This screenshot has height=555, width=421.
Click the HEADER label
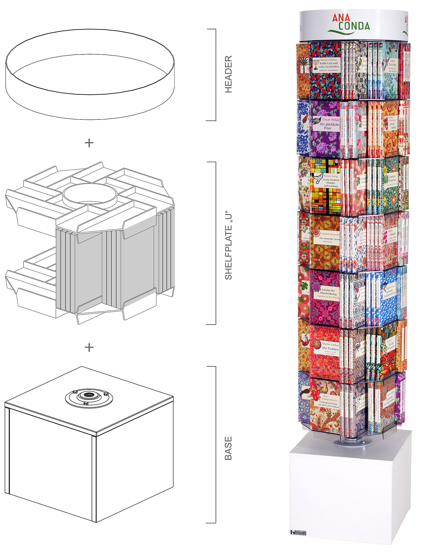click(x=228, y=74)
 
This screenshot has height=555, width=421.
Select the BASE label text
click(x=228, y=448)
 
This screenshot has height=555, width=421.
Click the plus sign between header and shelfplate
click(x=89, y=143)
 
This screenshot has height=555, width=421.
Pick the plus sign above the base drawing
click(x=89, y=348)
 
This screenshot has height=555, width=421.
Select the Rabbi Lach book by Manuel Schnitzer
click(x=325, y=70)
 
